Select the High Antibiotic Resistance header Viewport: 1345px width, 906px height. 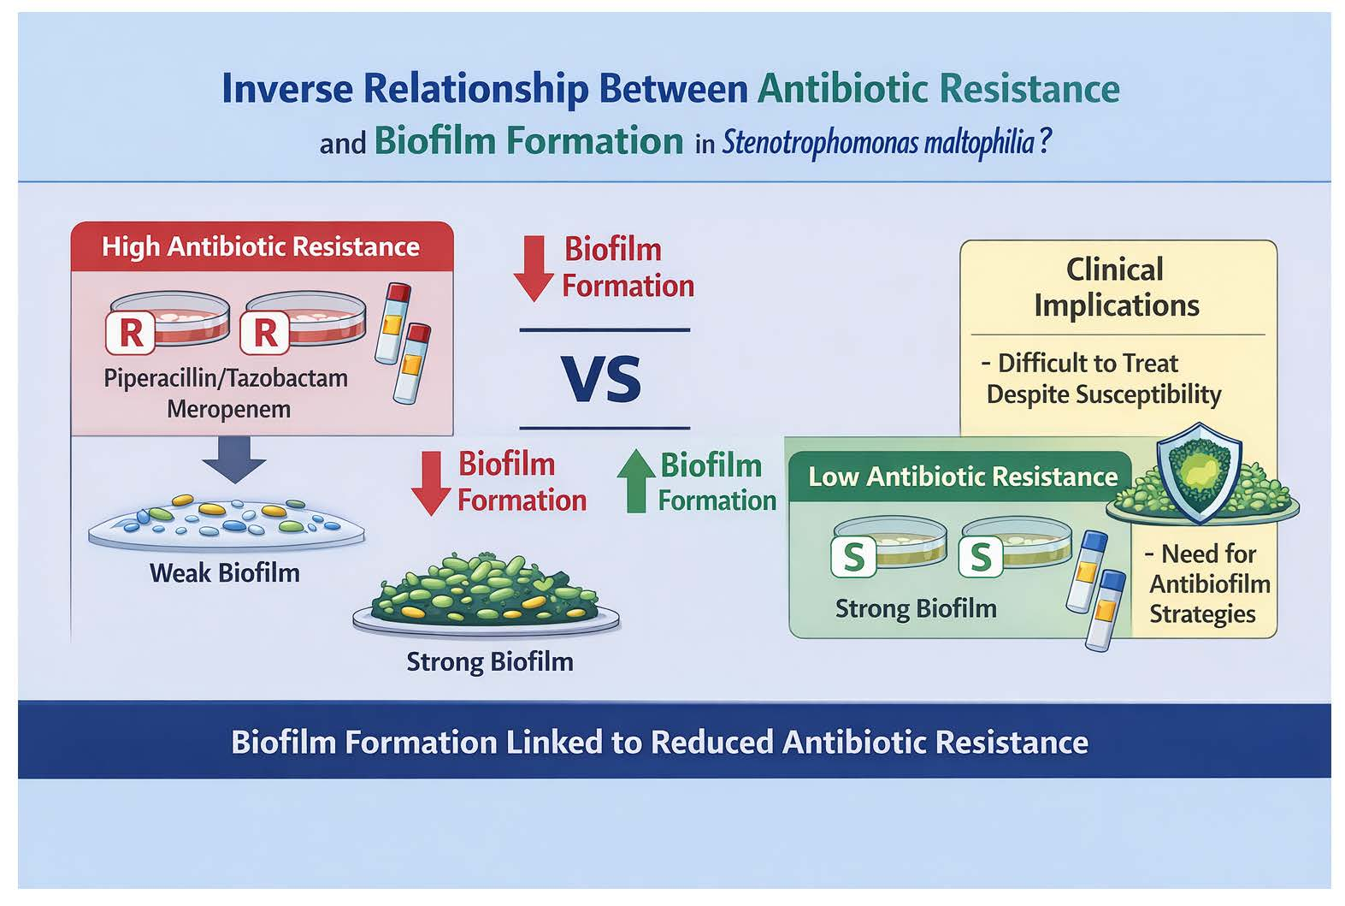(x=261, y=247)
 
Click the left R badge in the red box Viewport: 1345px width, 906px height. (x=131, y=333)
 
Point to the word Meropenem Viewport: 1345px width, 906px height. (x=228, y=409)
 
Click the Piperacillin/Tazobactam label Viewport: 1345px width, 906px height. (x=226, y=378)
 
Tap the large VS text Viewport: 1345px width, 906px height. (x=601, y=380)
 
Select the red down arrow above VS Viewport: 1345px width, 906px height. (x=533, y=268)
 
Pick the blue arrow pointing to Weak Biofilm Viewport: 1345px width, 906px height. (x=234, y=459)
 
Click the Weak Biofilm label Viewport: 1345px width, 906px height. (x=224, y=572)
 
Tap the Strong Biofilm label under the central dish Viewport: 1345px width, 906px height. (x=489, y=661)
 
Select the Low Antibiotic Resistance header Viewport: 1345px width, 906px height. (x=963, y=477)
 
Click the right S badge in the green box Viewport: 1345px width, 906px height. (x=980, y=558)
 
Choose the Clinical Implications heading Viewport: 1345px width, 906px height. (x=1116, y=287)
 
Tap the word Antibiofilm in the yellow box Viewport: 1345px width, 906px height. (x=1209, y=584)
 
